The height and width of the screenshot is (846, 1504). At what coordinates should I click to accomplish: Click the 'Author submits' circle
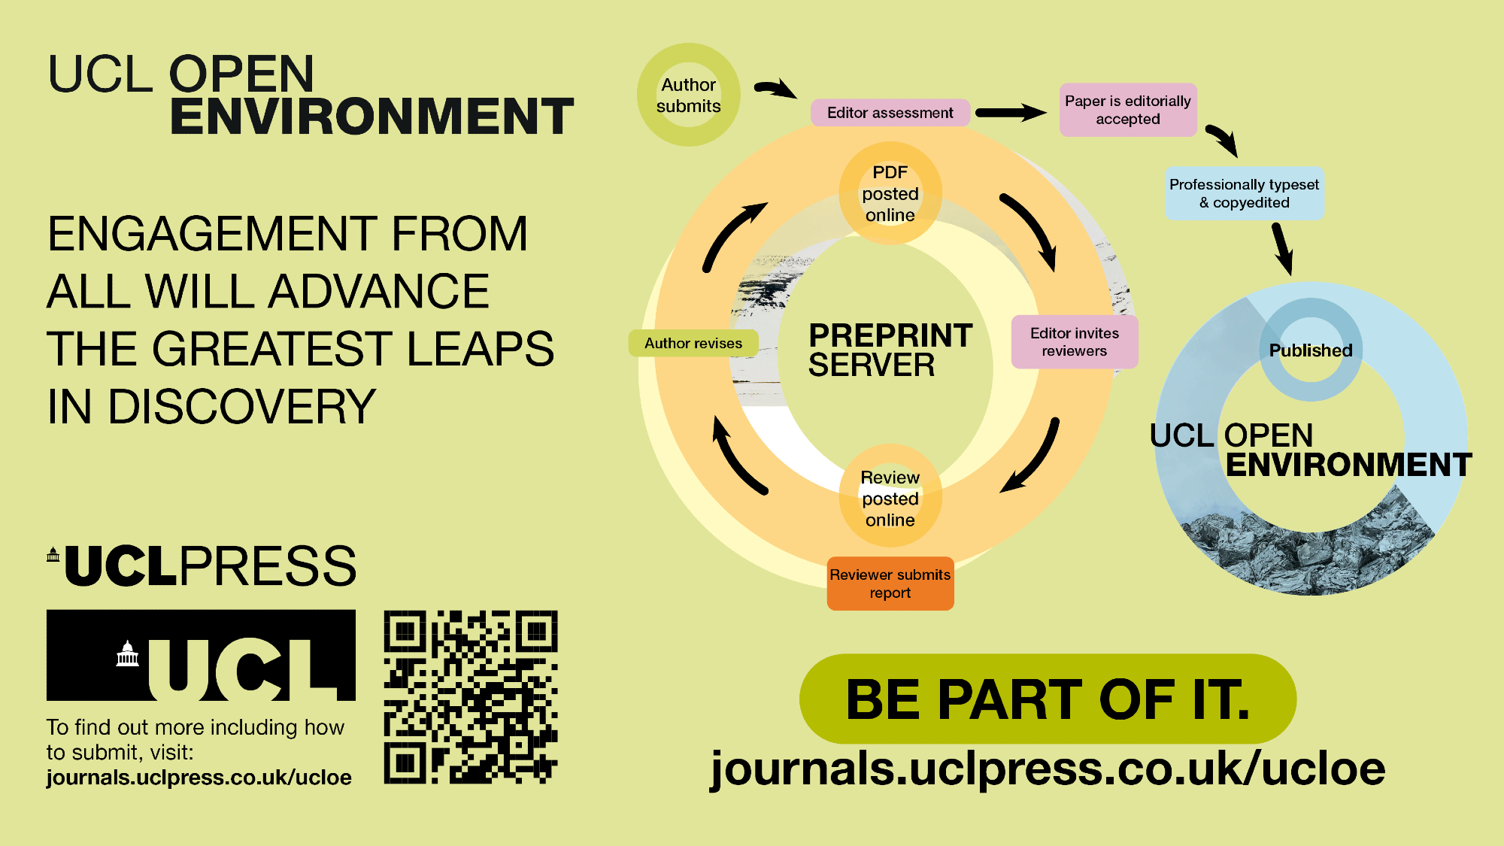(x=688, y=95)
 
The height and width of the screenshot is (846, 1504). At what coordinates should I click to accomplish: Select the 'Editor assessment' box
(x=890, y=113)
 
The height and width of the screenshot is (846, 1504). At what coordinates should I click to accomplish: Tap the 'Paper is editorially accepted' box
(x=1127, y=110)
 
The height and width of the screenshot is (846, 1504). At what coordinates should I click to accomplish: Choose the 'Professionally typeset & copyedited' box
(x=1244, y=193)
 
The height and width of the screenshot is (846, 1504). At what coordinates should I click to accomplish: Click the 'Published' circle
(x=1310, y=350)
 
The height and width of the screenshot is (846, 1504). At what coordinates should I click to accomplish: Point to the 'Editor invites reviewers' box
(x=1074, y=342)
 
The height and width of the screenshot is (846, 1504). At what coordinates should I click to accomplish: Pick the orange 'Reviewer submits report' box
(x=890, y=584)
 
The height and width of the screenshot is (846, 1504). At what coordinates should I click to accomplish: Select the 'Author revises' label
(x=693, y=343)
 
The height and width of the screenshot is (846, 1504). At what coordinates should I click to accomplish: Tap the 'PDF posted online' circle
(x=890, y=193)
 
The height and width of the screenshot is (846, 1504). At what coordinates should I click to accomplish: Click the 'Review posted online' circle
(x=890, y=498)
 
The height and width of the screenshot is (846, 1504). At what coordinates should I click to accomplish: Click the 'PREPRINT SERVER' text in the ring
(x=890, y=350)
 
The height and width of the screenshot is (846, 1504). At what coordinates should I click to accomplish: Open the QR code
(x=471, y=697)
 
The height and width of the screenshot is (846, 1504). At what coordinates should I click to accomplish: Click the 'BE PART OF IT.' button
(x=1048, y=699)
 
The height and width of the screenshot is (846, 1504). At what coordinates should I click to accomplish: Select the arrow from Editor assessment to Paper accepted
(x=1011, y=113)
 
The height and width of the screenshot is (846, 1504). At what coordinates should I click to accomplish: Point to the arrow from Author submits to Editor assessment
(x=775, y=89)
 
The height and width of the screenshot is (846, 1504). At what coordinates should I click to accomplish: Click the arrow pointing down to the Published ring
(x=1282, y=249)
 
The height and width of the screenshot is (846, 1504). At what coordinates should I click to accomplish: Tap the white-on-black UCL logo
(x=201, y=655)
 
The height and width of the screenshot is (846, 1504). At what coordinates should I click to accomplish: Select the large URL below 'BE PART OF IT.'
(x=1048, y=769)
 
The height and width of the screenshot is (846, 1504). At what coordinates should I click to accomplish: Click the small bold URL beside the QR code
(x=199, y=778)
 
